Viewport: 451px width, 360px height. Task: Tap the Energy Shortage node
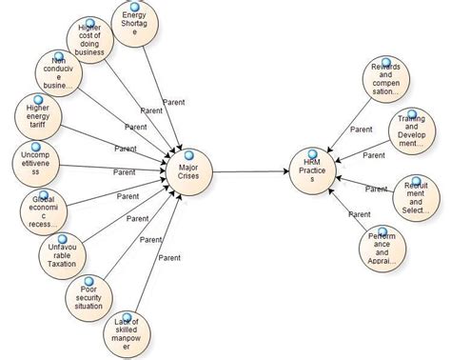140,25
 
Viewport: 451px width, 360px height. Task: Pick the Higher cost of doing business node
91,40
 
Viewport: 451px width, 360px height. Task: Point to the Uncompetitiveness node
35,160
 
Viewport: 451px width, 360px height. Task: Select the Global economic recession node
43,211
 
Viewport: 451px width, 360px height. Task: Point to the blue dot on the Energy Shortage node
141,7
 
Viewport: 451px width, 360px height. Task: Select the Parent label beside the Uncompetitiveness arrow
125,171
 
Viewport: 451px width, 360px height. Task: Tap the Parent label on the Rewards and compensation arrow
361,129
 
